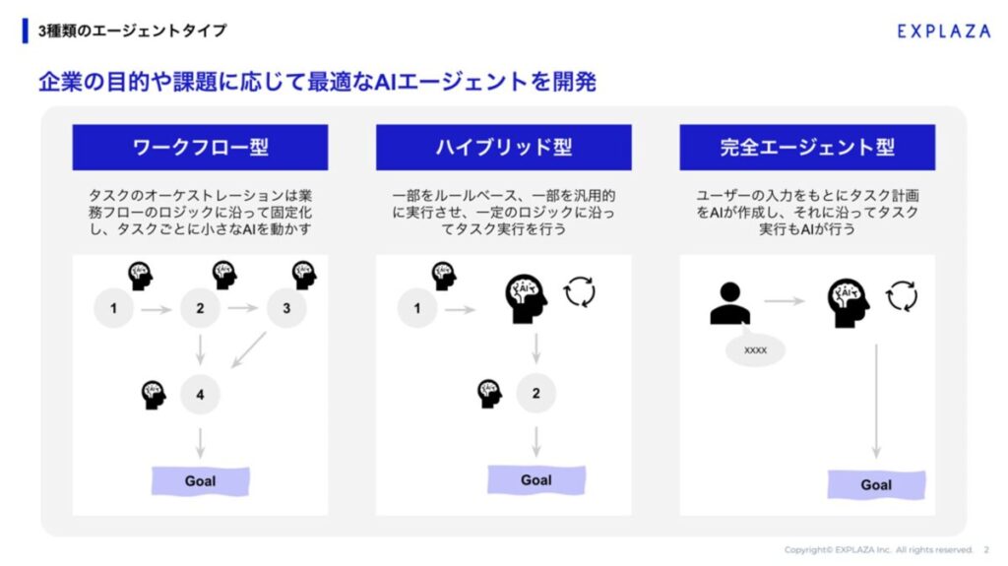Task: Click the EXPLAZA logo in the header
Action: pyautogui.click(x=943, y=31)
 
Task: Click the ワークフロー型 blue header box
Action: pyautogui.click(x=200, y=148)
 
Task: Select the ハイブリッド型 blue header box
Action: pyautogui.click(x=503, y=148)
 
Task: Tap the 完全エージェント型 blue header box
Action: pyautogui.click(x=807, y=148)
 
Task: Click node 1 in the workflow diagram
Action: pyautogui.click(x=113, y=308)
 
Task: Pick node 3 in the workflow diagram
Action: pyautogui.click(x=286, y=308)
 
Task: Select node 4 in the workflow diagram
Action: pyautogui.click(x=200, y=395)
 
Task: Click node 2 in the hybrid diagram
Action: pyautogui.click(x=535, y=394)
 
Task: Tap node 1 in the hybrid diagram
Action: pyautogui.click(x=417, y=308)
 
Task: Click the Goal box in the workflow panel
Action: pyautogui.click(x=200, y=480)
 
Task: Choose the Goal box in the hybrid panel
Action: pyautogui.click(x=535, y=479)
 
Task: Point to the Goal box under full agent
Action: pyautogui.click(x=876, y=484)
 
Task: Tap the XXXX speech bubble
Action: pyautogui.click(x=755, y=349)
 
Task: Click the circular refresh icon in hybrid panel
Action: pyautogui.click(x=580, y=291)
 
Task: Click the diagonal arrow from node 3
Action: pyautogui.click(x=249, y=350)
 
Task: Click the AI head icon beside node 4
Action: pyautogui.click(x=154, y=395)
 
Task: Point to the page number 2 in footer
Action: pyautogui.click(x=986, y=549)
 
